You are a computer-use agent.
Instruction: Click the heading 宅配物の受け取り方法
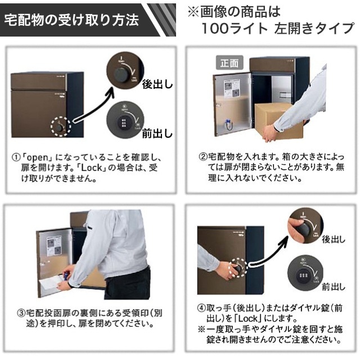pos(71,21)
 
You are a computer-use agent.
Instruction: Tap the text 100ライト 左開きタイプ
pos(277,29)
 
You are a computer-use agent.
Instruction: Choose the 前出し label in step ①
pos(157,133)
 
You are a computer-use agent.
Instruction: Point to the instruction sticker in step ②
pos(231,89)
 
